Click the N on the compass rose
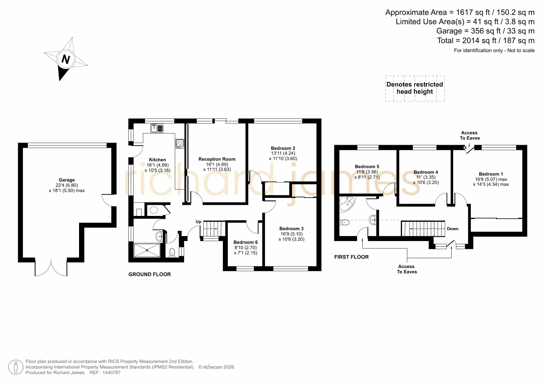[65, 59]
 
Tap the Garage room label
[67, 180]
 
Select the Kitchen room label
[157, 160]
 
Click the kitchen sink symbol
[157, 128]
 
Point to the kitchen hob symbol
[180, 143]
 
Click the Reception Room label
[217, 159]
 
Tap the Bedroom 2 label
[283, 148]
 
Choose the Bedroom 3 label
[291, 229]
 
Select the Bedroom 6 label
[245, 242]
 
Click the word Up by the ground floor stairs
[198, 222]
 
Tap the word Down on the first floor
[453, 229]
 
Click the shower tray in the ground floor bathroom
[147, 250]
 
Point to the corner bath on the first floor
[347, 203]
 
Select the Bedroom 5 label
[367, 167]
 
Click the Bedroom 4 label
[426, 172]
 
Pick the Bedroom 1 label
[491, 174]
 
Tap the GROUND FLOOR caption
[150, 274]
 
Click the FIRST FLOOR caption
[352, 257]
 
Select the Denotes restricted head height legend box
[415, 88]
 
